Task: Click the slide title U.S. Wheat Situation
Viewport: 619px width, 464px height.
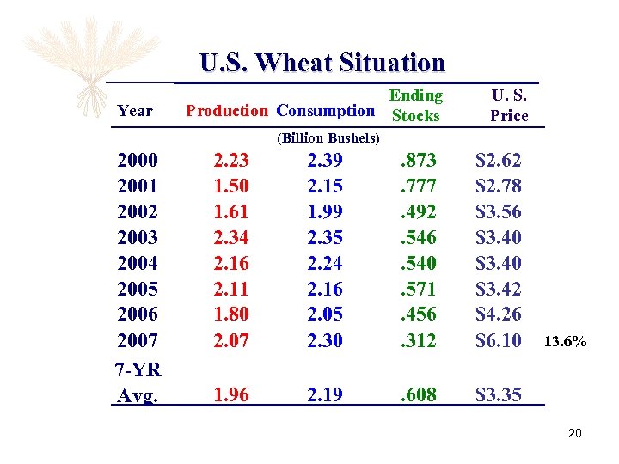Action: [322, 63]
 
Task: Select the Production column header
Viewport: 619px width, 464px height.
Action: [227, 110]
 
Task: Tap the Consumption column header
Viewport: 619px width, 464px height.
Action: [326, 110]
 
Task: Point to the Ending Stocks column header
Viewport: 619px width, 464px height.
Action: [415, 105]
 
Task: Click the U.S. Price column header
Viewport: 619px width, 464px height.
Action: [509, 105]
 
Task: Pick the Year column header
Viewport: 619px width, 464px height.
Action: [135, 110]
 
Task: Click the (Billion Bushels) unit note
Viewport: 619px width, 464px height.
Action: [328, 137]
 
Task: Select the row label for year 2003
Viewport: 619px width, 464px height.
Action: [138, 237]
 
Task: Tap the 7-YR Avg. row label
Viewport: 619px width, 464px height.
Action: [138, 383]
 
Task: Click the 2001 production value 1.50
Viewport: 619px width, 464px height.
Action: [231, 186]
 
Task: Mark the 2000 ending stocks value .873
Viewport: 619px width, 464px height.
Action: [418, 160]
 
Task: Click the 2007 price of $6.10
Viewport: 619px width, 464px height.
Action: [499, 340]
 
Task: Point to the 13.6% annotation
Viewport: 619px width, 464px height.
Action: [566, 342]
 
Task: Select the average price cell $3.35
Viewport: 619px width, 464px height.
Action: [499, 395]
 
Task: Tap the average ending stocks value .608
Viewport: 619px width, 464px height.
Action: [418, 395]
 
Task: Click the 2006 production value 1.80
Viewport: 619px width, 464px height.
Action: [231, 314]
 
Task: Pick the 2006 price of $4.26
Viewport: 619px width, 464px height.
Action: [499, 314]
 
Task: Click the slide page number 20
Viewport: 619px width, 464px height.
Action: [574, 433]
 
